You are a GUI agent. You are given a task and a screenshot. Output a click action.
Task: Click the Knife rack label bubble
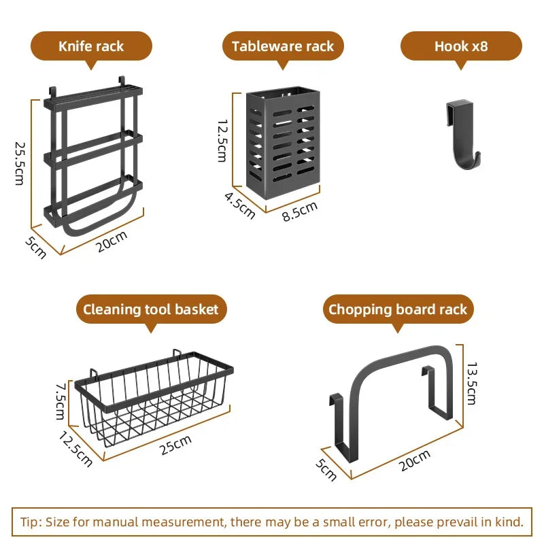pos(91,46)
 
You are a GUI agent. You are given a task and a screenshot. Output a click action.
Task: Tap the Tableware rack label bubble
pos(283,46)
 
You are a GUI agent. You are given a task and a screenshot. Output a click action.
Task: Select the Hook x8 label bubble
pos(461,46)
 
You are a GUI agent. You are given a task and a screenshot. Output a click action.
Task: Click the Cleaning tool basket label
pos(151,309)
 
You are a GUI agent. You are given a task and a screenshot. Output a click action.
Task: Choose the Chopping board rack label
pos(398,309)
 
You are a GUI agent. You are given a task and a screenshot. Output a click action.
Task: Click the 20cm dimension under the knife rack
pos(112,241)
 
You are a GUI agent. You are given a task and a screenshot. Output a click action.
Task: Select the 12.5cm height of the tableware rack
pos(222,141)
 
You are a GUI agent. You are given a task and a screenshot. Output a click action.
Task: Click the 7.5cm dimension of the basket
pos(60,401)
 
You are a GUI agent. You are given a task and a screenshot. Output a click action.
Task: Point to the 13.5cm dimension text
pos(472,383)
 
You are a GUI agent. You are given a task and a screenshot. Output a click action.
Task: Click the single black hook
pos(464,134)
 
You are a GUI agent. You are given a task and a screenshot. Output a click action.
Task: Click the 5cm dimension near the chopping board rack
pos(326,470)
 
